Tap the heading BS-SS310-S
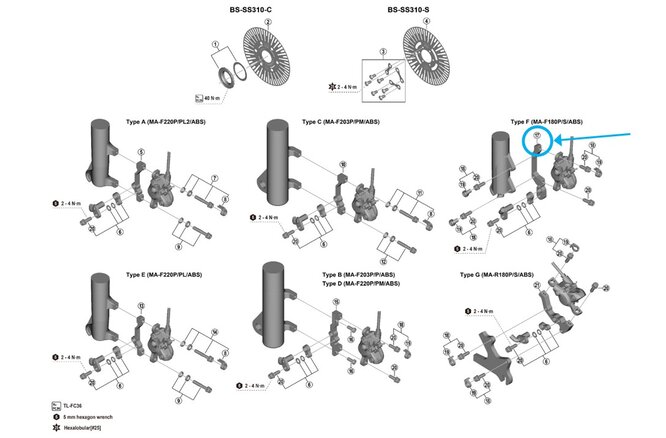click(411, 11)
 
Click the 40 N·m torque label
click(213, 99)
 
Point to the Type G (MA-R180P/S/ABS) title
click(503, 274)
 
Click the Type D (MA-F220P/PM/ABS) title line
click(360, 284)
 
